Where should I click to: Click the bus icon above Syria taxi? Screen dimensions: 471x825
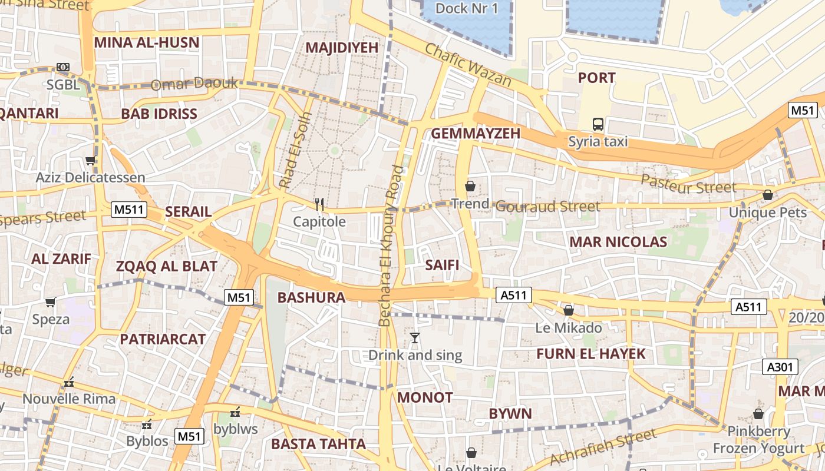point(598,124)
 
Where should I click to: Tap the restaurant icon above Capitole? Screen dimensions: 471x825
point(319,204)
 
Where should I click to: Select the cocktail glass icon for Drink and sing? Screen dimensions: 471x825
point(415,338)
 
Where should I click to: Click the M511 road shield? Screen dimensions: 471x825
point(129,209)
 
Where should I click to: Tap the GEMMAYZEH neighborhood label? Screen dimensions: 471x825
point(476,134)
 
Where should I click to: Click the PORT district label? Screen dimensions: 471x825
point(596,78)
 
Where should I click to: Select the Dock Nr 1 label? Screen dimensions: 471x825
point(467,8)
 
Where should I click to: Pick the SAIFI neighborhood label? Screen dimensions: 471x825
point(442,265)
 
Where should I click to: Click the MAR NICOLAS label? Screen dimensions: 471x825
point(618,241)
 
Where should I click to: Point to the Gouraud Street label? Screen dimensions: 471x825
point(547,206)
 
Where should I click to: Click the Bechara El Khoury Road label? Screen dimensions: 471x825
point(391,246)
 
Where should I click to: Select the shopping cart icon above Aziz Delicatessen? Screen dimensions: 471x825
point(90,160)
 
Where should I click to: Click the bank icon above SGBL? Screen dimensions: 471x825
point(62,67)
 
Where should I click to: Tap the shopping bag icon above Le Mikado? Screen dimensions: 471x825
point(569,310)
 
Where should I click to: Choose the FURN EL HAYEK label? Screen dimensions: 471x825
point(591,354)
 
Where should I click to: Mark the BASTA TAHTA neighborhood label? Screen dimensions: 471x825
point(318,444)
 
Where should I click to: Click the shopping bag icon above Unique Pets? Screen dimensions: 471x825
point(767,195)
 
